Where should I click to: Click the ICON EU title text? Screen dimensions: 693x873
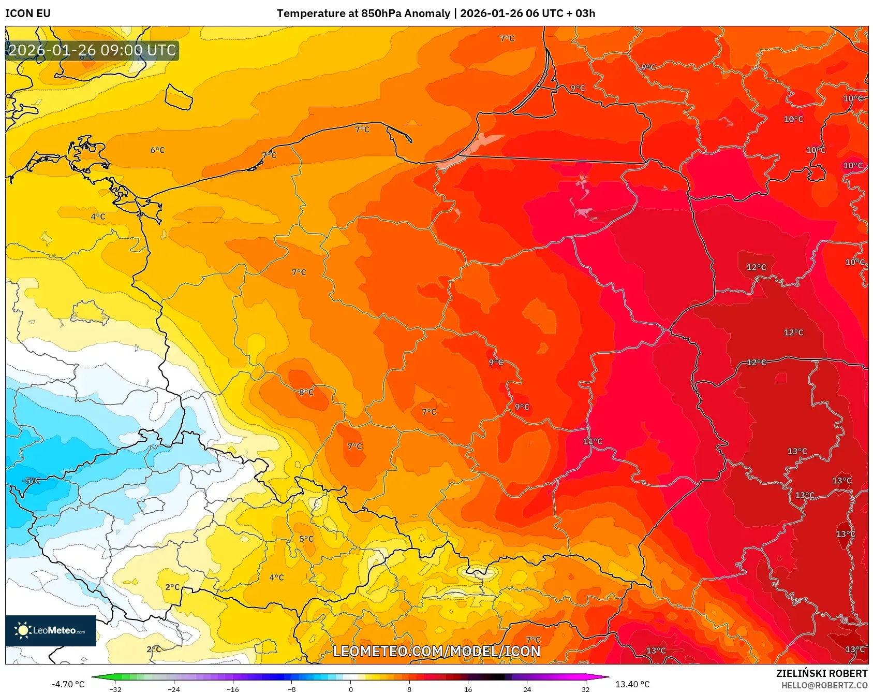(x=28, y=13)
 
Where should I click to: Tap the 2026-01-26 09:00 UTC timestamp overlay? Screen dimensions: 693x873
(x=93, y=50)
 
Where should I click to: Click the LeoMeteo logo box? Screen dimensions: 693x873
(x=51, y=630)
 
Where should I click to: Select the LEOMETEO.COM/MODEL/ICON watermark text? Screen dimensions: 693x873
(x=436, y=651)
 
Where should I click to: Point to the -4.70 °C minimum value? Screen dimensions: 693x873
(x=68, y=684)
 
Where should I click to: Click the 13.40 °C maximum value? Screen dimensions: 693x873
(x=632, y=684)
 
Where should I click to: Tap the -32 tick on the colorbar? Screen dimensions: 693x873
(x=115, y=689)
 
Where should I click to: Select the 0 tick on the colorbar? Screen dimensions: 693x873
(x=351, y=689)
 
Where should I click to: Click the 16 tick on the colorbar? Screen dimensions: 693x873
(x=468, y=689)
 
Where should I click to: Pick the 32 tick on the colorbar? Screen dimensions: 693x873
(x=585, y=689)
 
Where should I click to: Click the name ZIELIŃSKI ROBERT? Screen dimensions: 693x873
(x=821, y=673)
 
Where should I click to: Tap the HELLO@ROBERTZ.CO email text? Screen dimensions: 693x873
(x=824, y=685)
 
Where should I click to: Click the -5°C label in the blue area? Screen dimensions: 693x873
(x=31, y=481)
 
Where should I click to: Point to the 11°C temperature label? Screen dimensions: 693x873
(x=593, y=441)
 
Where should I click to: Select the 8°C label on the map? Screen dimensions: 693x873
(x=306, y=392)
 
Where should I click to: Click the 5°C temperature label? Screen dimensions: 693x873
(x=306, y=539)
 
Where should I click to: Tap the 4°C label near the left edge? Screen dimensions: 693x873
(x=98, y=216)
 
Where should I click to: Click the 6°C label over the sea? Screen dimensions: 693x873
(x=157, y=150)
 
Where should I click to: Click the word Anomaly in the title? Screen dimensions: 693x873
(x=427, y=13)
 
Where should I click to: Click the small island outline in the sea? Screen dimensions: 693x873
(x=179, y=97)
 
